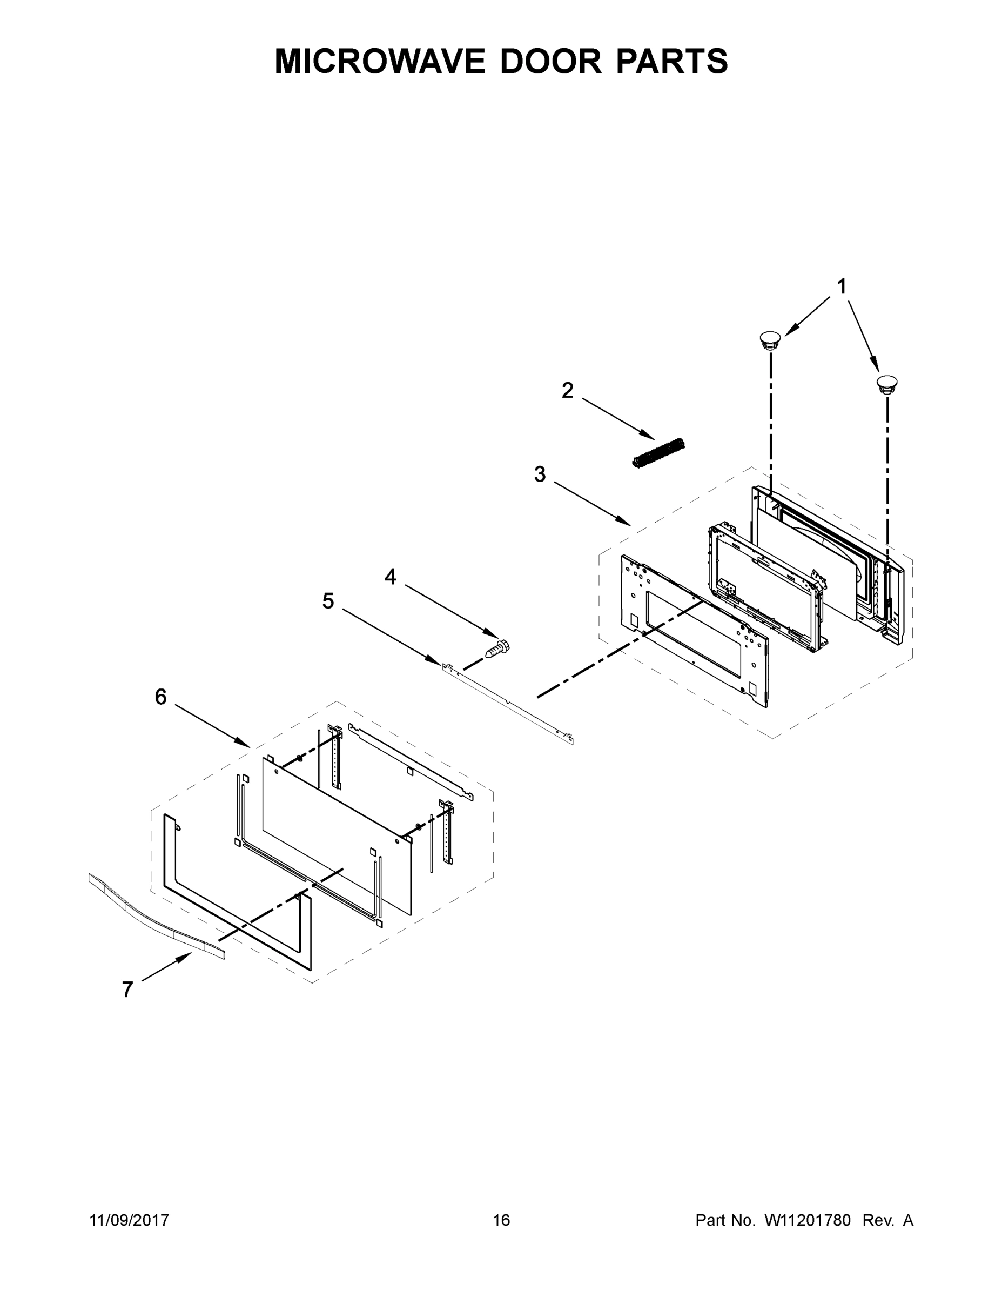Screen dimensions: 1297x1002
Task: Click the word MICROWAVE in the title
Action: click(x=379, y=61)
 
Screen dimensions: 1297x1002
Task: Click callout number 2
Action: click(x=568, y=390)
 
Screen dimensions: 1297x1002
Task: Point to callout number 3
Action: click(x=540, y=474)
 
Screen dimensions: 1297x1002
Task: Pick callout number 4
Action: click(x=390, y=577)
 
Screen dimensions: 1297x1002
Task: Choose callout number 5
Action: click(x=328, y=601)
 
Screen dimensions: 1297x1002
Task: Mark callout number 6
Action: click(x=161, y=697)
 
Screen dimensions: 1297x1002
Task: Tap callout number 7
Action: click(x=127, y=990)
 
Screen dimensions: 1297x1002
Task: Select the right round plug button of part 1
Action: click(x=887, y=383)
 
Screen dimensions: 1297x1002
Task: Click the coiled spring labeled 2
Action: click(x=658, y=455)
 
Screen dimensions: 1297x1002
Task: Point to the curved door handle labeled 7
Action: click(x=157, y=915)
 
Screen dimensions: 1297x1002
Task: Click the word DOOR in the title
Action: click(x=550, y=61)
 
